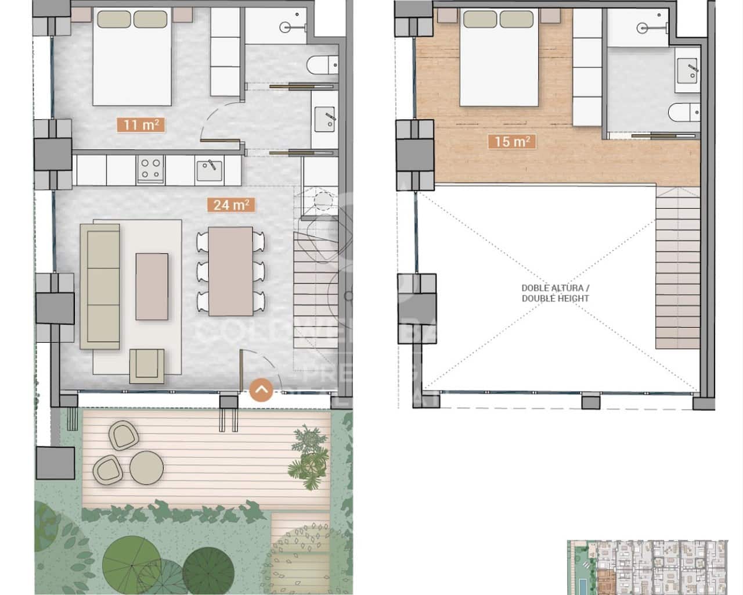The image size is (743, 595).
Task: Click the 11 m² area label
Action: pos(141,124)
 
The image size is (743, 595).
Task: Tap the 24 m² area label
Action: pos(230,205)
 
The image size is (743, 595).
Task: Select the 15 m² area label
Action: pos(511,141)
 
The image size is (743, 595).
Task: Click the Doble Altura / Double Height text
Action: pos(555,293)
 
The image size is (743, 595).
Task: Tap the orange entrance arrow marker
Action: pos(261,390)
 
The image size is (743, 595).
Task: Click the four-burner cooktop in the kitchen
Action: pos(150,169)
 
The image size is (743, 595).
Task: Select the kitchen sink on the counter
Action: pos(209,170)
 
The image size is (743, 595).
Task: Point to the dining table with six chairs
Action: pos(230,271)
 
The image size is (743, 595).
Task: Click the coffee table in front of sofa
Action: pos(152,286)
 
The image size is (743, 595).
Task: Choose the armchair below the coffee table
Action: pos(146,365)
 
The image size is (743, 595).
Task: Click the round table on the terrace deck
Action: pos(146,467)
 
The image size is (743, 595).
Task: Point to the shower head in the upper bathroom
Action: pos(643,27)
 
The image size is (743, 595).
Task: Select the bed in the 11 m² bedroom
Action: pos(132,57)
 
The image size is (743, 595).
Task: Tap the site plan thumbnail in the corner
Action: pos(647,567)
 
